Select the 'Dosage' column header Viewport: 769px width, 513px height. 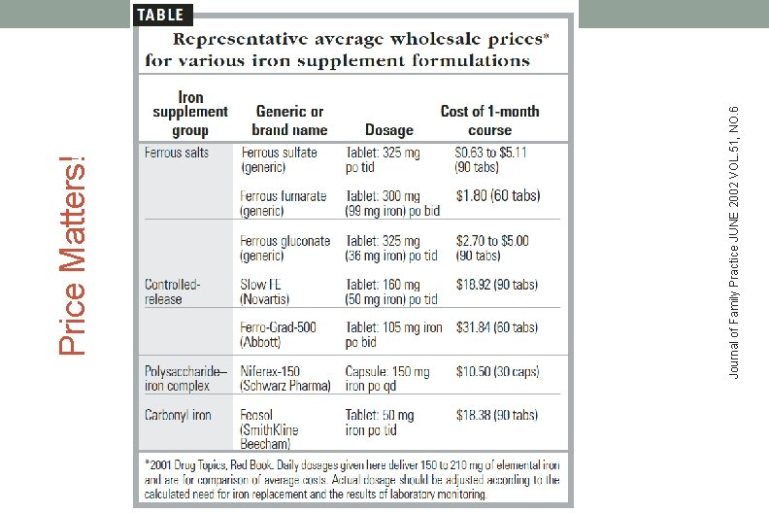(388, 130)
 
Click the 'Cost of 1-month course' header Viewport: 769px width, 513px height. (489, 120)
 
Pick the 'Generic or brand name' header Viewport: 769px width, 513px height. (289, 120)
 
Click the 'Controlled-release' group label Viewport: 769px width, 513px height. (173, 292)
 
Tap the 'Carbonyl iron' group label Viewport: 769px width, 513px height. (179, 415)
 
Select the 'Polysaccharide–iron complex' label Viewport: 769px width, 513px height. (186, 379)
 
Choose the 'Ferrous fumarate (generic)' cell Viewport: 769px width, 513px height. (284, 203)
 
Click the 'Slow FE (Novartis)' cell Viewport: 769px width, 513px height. (271, 292)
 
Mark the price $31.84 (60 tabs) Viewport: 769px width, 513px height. (496, 328)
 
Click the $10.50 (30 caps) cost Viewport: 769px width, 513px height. (497, 372)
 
